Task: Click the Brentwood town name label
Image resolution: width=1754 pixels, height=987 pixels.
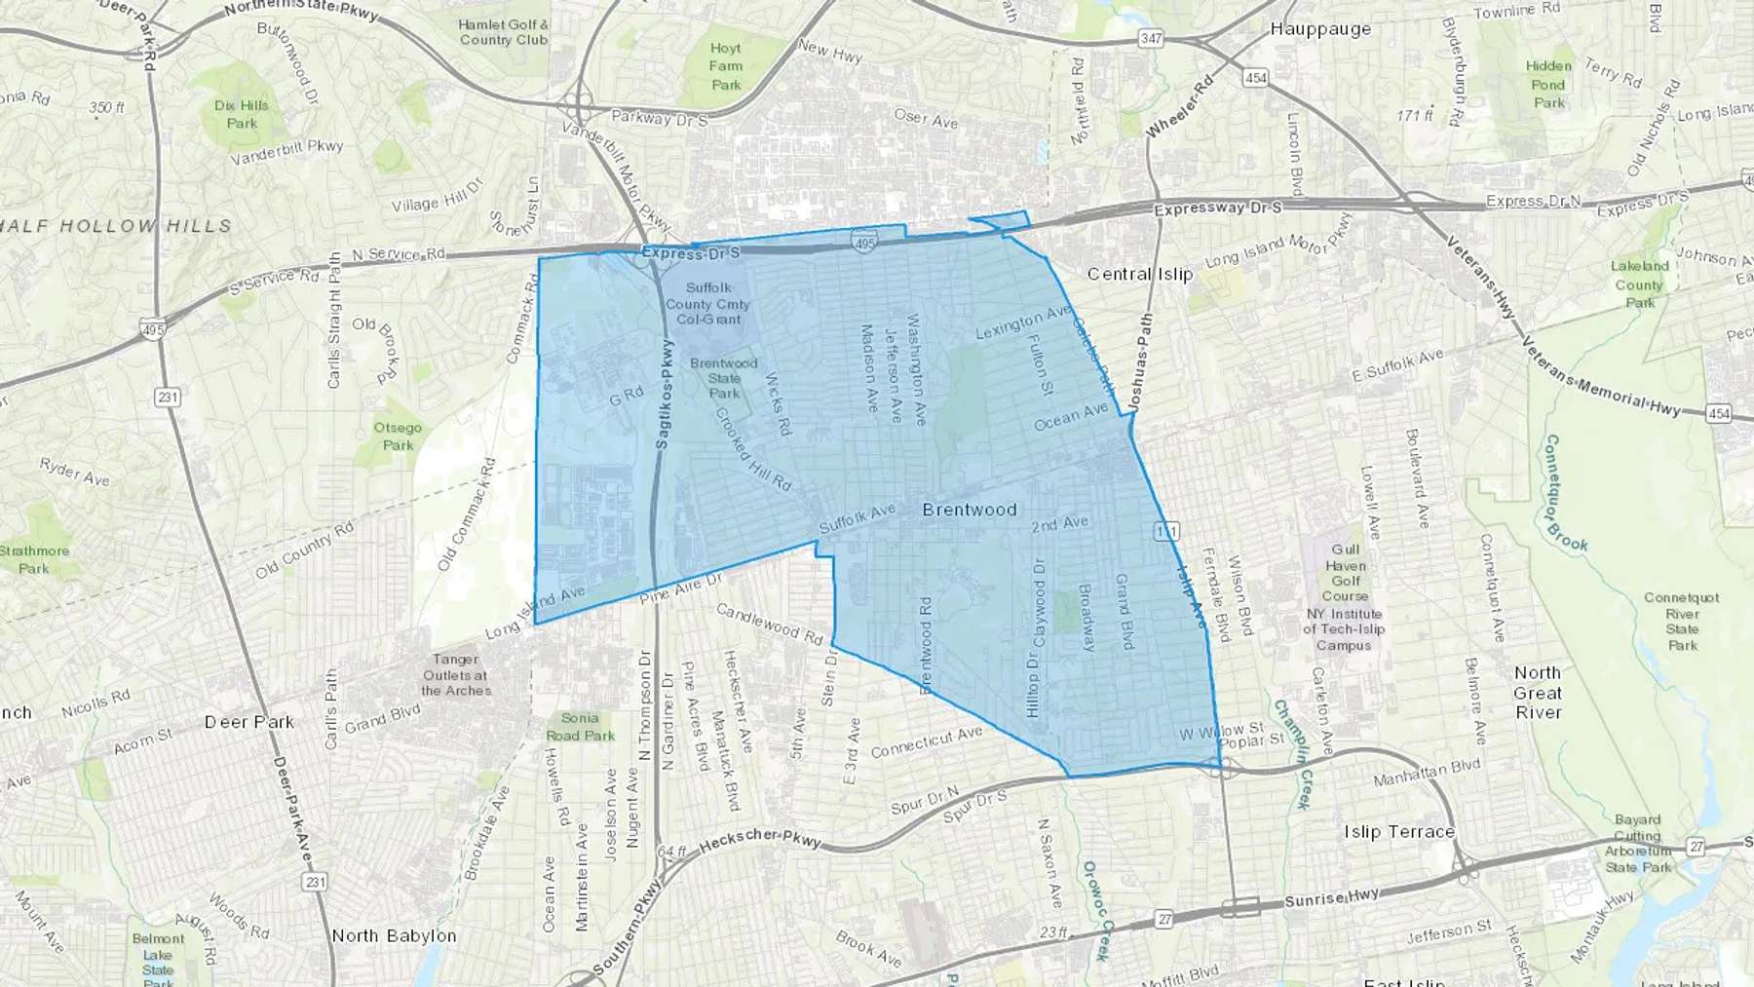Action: point(969,510)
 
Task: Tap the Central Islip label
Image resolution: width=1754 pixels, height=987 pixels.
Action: point(1139,274)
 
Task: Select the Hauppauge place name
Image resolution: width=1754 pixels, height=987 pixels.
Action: point(1319,29)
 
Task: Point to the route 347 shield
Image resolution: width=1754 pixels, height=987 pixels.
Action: point(1151,38)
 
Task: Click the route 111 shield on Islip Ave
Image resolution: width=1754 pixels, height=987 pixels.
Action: point(1165,531)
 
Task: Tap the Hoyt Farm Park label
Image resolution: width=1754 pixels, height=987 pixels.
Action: point(726,66)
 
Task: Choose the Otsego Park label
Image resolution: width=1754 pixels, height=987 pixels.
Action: point(398,436)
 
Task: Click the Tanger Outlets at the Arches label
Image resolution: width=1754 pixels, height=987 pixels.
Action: point(456,675)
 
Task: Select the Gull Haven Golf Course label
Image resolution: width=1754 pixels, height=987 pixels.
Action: point(1345,572)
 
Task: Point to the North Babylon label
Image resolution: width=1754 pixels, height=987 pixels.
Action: point(394,935)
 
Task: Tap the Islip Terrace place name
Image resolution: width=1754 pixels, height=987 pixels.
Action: point(1398,831)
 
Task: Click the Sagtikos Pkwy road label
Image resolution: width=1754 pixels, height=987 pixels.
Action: point(664,395)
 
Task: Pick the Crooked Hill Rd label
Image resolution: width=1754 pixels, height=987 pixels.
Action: point(753,448)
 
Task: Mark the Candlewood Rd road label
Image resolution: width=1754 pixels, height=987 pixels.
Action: point(769,624)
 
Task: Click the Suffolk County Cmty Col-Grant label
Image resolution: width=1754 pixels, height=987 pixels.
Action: point(708,303)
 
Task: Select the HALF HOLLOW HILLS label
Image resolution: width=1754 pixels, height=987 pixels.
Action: point(116,226)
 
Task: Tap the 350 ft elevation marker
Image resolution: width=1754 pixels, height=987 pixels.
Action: point(106,107)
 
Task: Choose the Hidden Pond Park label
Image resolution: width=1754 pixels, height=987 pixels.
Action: point(1548,84)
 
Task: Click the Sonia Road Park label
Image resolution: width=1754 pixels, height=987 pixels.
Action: point(580,727)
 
